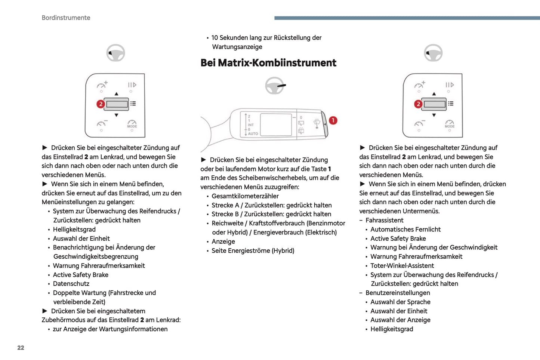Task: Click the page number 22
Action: [21, 348]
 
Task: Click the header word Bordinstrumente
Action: [66, 18]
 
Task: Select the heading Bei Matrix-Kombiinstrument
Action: [268, 63]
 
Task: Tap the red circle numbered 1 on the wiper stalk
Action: [333, 120]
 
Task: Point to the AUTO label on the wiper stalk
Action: [253, 133]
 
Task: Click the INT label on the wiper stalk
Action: [251, 125]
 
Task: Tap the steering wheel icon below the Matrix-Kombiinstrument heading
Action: [275, 86]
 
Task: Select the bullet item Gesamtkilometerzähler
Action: [245, 196]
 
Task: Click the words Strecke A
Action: [225, 205]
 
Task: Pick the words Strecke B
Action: [225, 214]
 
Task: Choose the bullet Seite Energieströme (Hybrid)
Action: [253, 251]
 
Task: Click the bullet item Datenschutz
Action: [71, 284]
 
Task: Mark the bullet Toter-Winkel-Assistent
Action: [402, 266]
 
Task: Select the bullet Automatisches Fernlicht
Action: [405, 230]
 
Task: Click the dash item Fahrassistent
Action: [384, 221]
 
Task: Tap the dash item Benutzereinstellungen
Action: [398, 293]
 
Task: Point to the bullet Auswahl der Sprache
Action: [400, 302]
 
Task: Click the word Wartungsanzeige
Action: [237, 47]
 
